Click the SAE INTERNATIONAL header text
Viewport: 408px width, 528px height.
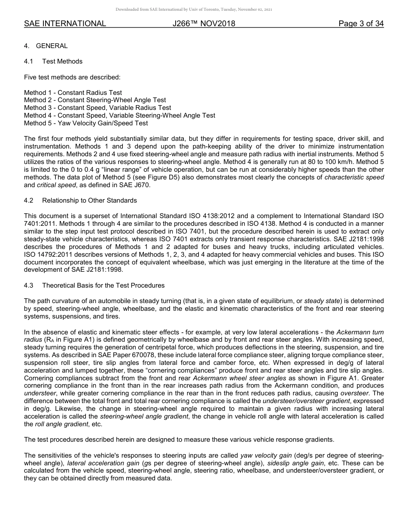pos(65,24)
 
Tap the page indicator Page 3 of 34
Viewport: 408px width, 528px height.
pos(361,24)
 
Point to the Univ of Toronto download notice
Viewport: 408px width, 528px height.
pos(194,9)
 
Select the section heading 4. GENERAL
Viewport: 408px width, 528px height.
pos(46,46)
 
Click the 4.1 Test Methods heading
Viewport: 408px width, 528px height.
pos(54,61)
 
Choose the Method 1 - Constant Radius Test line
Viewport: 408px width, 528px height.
pos(73,93)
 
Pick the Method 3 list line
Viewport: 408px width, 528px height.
pos(97,108)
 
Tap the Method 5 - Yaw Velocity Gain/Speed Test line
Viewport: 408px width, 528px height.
pos(86,123)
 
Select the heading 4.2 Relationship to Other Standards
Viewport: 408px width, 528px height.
pos(81,200)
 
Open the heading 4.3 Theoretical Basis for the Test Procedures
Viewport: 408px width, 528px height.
pos(94,285)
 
